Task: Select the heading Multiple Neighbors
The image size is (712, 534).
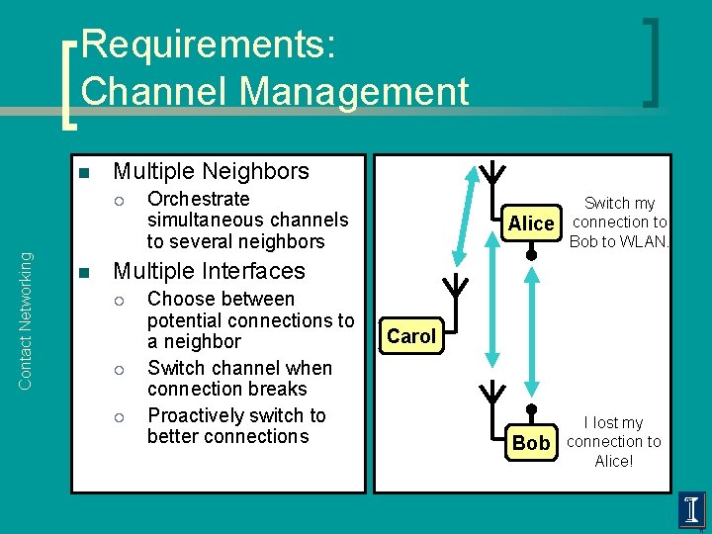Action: click(x=211, y=171)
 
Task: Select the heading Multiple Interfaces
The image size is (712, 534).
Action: click(x=210, y=271)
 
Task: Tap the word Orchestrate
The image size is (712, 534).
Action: click(x=198, y=199)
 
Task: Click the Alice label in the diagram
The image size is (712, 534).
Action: click(x=531, y=223)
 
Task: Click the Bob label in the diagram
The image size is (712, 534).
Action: click(x=531, y=443)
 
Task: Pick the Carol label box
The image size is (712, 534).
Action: click(x=411, y=336)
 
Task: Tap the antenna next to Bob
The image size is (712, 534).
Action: click(x=491, y=393)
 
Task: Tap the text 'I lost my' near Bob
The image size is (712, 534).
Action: click(x=613, y=422)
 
